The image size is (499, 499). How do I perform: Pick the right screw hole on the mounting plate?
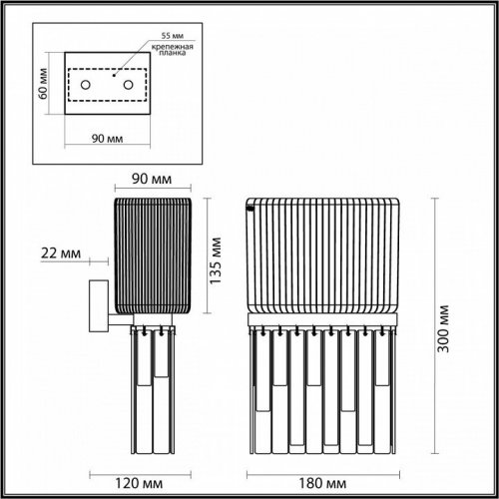click(129, 86)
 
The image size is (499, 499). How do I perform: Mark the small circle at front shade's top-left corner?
click(252, 211)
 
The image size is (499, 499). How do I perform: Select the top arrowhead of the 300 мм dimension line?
click(437, 200)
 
